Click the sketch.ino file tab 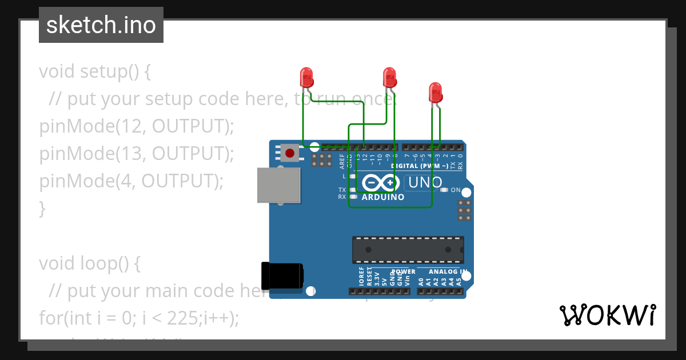click(101, 25)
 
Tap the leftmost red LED click(306, 77)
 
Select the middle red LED click(389, 77)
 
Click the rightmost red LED click(435, 92)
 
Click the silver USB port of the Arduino click(278, 185)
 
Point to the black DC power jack click(281, 275)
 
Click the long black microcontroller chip click(408, 250)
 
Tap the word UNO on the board click(425, 183)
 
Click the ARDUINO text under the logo click(383, 197)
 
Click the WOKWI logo click(607, 315)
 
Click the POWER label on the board click(404, 271)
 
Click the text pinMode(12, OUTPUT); click(137, 126)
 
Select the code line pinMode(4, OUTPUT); click(131, 181)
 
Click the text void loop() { click(89, 263)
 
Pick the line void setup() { click(95, 71)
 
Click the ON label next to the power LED click(456, 190)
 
